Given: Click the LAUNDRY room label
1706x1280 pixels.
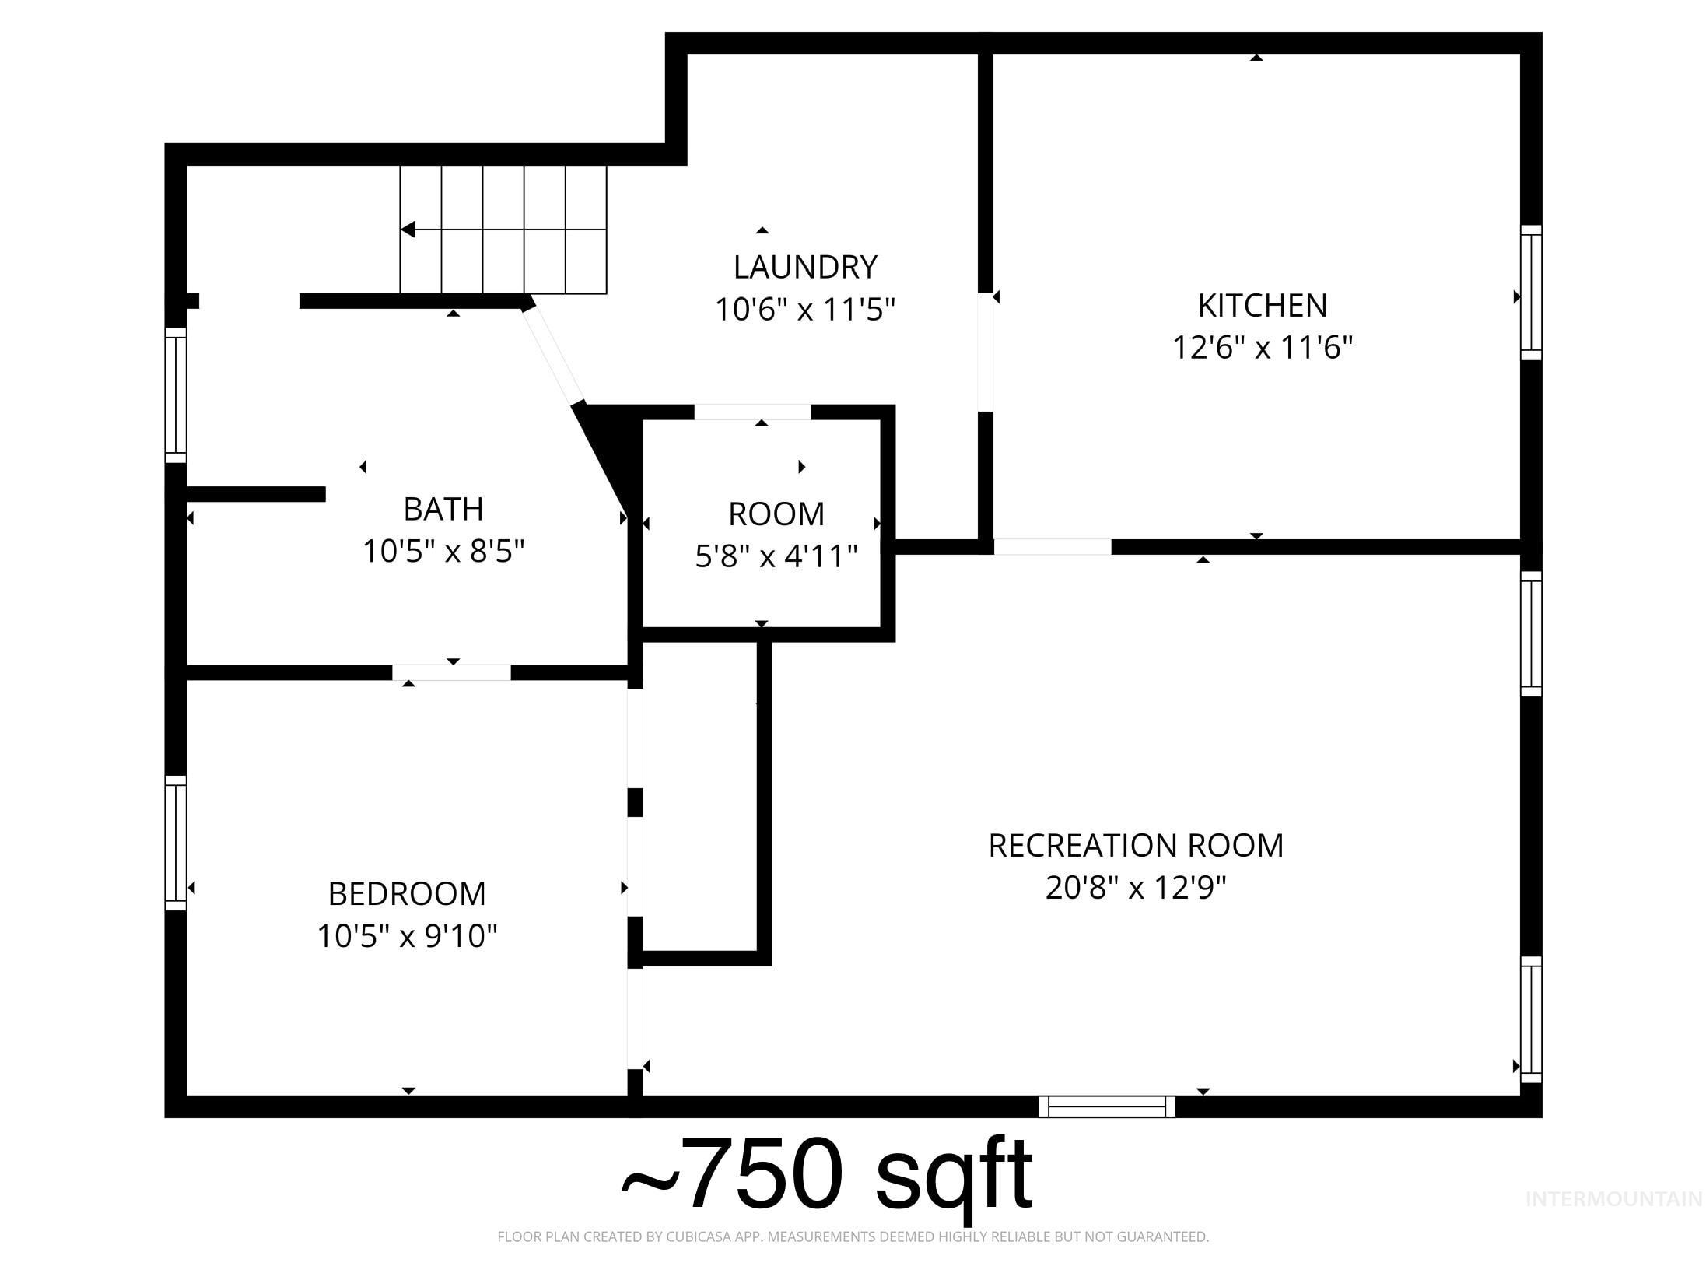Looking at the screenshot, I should click(805, 267).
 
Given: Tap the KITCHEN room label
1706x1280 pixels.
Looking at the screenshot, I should click(1262, 306).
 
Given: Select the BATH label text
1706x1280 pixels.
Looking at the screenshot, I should click(443, 509).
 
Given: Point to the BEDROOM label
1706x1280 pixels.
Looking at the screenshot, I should click(407, 894).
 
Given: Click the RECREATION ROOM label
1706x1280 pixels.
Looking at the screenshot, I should click(1135, 846).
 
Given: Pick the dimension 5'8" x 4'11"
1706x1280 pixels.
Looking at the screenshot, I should click(776, 556).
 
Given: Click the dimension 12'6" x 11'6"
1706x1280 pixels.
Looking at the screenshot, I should click(1262, 347).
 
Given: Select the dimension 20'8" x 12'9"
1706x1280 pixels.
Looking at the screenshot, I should click(1135, 887).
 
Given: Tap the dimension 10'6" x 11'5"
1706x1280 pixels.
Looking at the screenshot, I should click(805, 310).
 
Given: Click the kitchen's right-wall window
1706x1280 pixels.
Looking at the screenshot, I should click(1530, 293).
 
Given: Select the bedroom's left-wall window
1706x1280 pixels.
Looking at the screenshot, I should click(176, 843).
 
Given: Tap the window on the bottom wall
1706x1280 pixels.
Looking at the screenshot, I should click(1106, 1106).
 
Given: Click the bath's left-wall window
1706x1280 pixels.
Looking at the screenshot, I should click(176, 395).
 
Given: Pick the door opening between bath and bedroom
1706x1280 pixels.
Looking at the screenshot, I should click(451, 672).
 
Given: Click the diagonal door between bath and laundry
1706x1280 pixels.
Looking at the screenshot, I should click(553, 355).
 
